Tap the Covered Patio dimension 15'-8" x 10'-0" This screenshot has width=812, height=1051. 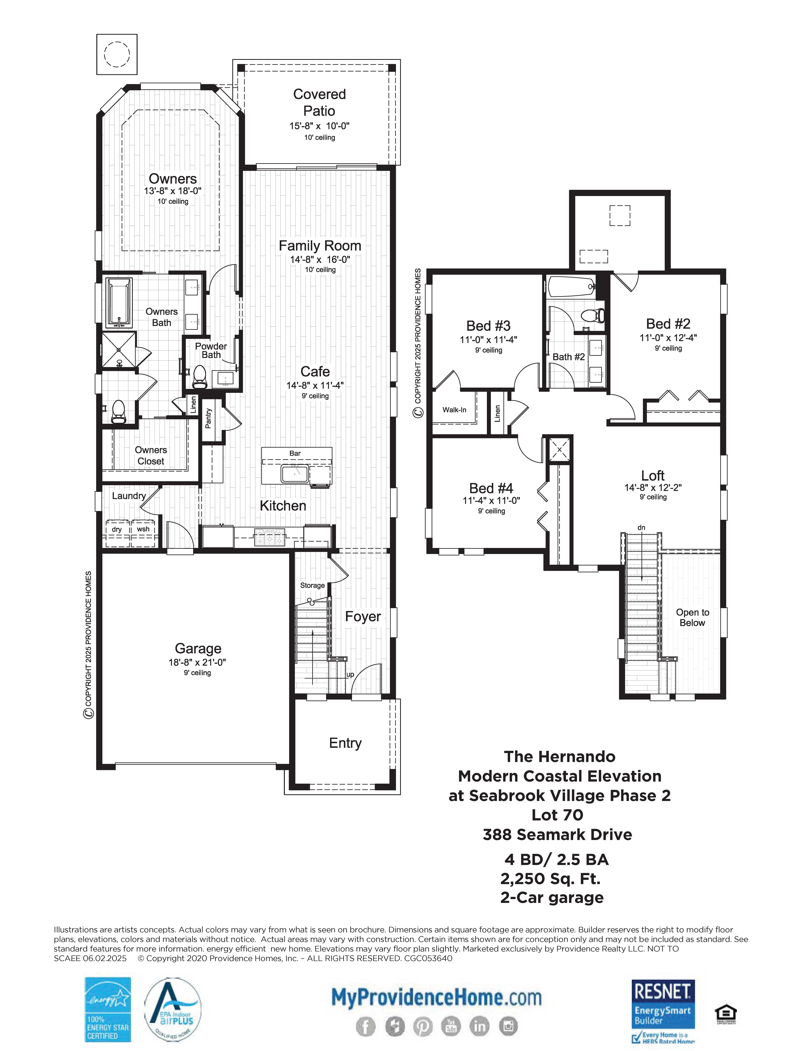pos(319,126)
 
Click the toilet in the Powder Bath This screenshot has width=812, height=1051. pos(199,377)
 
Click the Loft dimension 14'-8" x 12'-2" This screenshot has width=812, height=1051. pos(653,487)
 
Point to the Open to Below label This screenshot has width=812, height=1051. pos(692,617)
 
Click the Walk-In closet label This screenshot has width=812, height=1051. pos(454,410)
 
